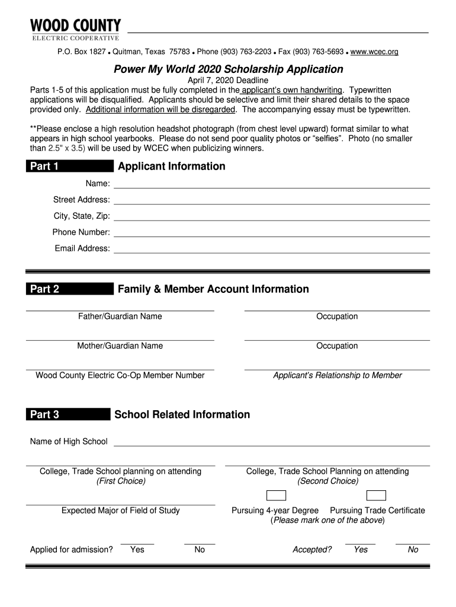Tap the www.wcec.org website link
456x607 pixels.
(374, 52)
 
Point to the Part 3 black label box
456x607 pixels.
(68, 414)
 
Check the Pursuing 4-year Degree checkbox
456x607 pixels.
(276, 496)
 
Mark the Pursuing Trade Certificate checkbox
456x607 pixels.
(376, 496)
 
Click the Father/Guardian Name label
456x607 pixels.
(120, 317)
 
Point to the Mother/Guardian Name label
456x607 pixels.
(120, 346)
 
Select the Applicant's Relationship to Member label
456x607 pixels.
(337, 375)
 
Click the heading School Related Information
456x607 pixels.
(182, 414)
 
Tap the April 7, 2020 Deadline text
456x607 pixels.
(228, 80)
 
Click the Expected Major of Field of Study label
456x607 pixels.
(120, 510)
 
